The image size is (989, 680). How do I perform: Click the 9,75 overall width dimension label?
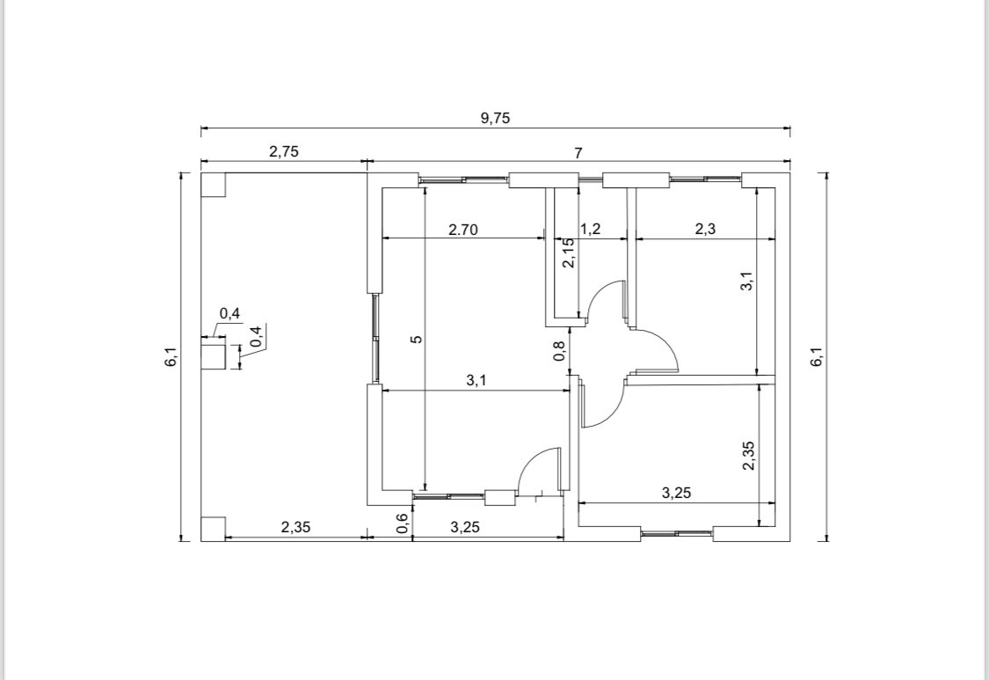495,118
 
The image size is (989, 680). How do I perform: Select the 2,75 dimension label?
284,151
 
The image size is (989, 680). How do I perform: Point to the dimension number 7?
578,153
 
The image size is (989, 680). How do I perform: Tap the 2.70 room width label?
463,230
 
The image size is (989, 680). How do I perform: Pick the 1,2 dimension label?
591,229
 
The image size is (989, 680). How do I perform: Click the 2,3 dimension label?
705,229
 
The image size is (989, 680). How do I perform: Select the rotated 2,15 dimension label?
568,252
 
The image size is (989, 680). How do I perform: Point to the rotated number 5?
417,339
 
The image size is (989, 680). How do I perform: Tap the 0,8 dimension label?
559,351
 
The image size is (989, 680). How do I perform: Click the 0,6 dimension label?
403,523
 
